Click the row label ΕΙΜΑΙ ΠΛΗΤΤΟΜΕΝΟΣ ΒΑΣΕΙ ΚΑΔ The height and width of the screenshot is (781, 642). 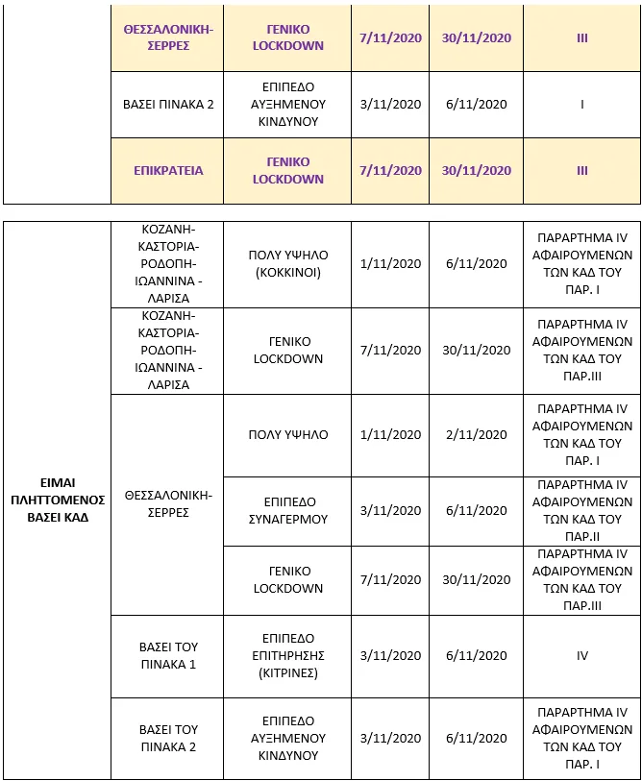click(x=58, y=500)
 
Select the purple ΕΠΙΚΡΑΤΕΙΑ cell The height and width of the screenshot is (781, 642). click(x=168, y=170)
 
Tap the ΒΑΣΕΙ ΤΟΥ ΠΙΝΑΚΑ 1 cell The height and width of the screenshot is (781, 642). click(x=168, y=656)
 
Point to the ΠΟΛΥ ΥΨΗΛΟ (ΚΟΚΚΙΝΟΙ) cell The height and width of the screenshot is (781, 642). click(x=288, y=263)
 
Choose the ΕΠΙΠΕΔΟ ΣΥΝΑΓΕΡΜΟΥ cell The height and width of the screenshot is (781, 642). click(x=288, y=511)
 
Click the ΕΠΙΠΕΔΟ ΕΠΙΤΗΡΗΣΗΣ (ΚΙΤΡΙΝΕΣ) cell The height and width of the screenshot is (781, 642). click(x=288, y=656)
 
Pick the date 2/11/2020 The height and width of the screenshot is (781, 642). click(x=477, y=435)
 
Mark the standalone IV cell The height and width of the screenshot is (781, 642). click(x=582, y=656)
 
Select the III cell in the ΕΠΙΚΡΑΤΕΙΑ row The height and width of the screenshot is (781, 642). click(x=582, y=170)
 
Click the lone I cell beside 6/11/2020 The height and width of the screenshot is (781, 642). click(x=582, y=104)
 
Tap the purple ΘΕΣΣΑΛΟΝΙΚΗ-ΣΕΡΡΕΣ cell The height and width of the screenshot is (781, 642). click(x=168, y=37)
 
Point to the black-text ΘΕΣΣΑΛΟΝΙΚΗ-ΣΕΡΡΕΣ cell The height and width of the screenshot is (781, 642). click(x=168, y=503)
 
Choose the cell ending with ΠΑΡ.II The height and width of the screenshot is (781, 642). click(x=582, y=511)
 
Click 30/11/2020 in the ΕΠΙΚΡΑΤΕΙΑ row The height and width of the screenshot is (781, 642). click(x=477, y=170)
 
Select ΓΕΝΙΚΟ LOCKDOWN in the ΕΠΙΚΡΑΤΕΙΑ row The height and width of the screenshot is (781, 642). click(x=288, y=170)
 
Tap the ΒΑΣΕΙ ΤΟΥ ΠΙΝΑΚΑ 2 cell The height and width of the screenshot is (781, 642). click(x=168, y=738)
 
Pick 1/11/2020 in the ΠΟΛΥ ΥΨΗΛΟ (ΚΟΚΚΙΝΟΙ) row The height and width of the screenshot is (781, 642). click(x=390, y=263)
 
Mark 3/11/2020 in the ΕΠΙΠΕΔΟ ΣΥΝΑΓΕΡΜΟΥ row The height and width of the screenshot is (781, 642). click(x=390, y=511)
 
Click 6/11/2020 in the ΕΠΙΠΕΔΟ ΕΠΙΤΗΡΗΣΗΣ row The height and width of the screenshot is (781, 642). click(x=477, y=656)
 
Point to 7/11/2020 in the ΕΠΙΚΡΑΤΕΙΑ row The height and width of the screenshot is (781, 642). click(x=390, y=170)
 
